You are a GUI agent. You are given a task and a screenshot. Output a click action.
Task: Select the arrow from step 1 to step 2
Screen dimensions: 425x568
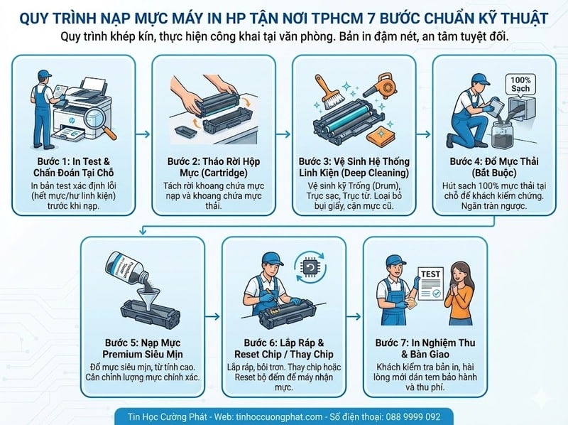tap(143, 134)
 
